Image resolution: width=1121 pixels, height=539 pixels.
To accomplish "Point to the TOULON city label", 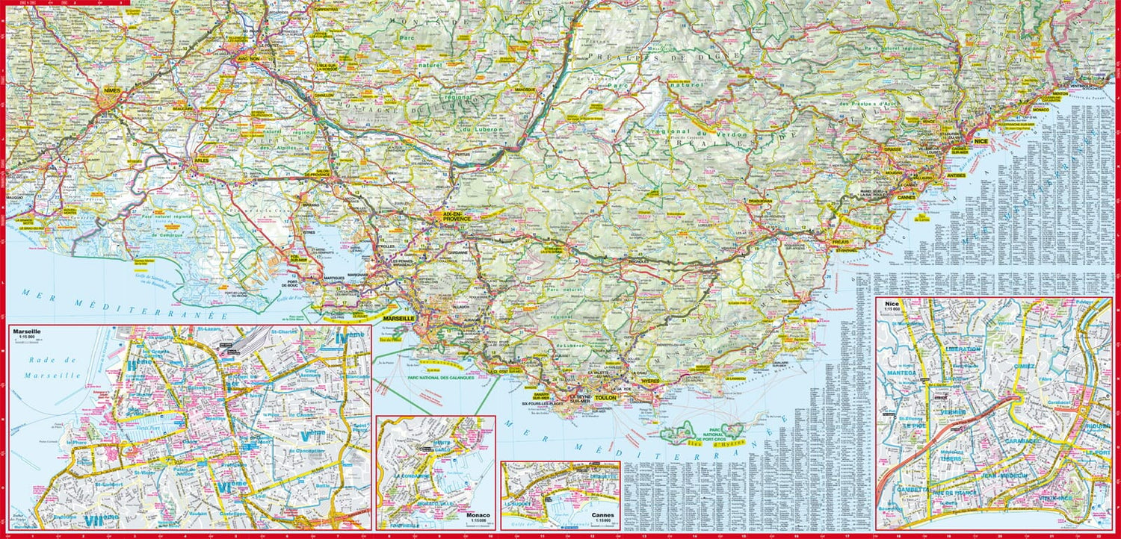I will pos(606,399).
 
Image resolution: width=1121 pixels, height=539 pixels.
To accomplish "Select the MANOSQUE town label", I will pos(525,90).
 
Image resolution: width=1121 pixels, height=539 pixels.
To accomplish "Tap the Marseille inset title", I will pos(26,331).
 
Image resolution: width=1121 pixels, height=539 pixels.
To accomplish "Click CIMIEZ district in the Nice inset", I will pos(1025,367).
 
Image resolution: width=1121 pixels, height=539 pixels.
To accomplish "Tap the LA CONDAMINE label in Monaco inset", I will pos(410,476).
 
